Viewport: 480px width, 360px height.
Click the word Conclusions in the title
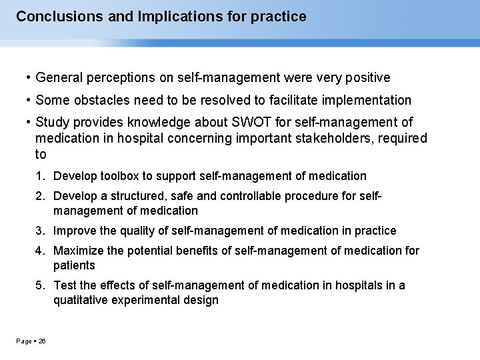[56, 16]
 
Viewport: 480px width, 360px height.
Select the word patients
[74, 265]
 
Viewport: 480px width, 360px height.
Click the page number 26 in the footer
[41, 341]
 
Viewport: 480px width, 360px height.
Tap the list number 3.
[40, 231]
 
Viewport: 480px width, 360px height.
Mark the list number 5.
[40, 285]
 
